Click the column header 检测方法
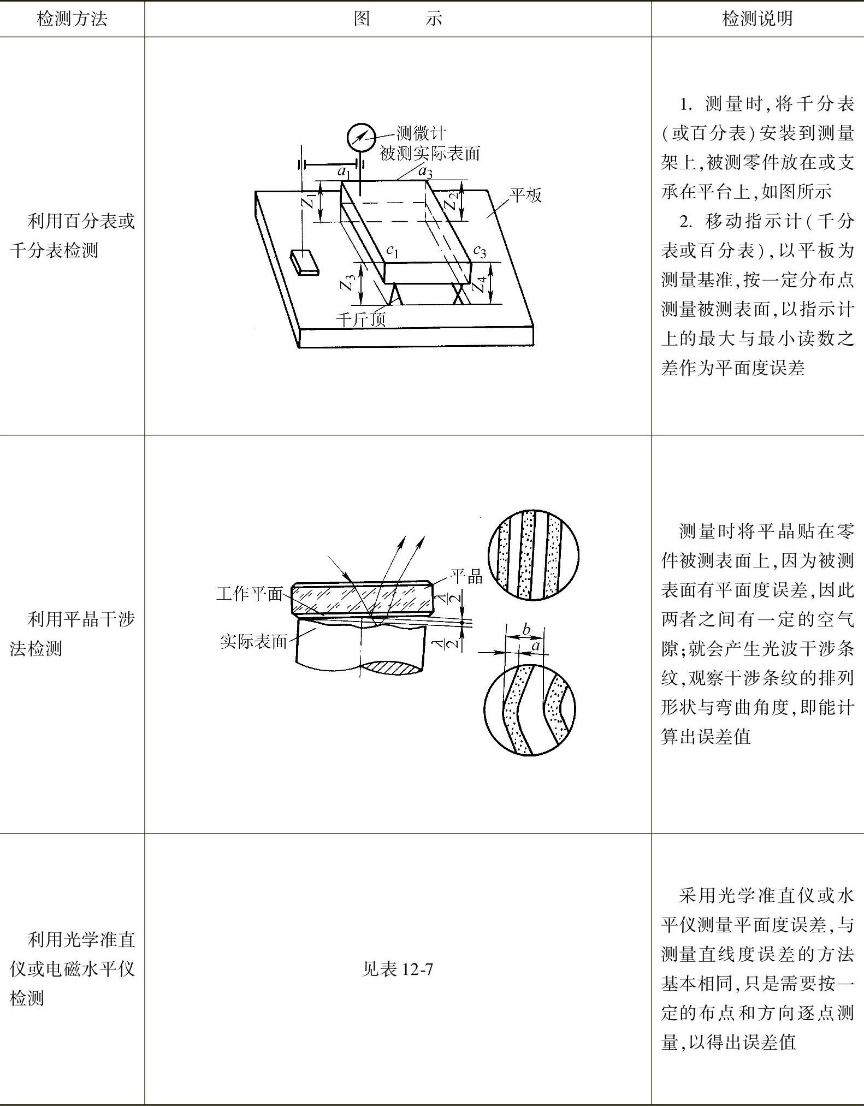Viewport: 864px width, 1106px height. click(72, 19)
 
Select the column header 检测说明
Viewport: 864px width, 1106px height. click(757, 19)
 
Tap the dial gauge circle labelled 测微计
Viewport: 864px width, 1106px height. click(362, 138)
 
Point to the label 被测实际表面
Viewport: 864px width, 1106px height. click(430, 153)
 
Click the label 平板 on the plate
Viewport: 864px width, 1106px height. click(525, 195)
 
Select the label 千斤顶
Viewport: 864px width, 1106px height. click(360, 319)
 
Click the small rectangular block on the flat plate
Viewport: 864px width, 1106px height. click(304, 261)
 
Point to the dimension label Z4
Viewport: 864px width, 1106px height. click(479, 283)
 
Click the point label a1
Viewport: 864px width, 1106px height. click(344, 172)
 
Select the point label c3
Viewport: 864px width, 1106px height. click(479, 251)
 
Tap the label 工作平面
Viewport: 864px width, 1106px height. click(250, 594)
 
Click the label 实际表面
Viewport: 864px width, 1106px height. click(253, 641)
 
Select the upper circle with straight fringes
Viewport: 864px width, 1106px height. click(533, 555)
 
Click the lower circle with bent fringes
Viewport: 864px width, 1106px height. click(529, 708)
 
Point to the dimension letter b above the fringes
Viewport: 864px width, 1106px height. click(525, 629)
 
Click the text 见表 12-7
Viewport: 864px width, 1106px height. click(398, 969)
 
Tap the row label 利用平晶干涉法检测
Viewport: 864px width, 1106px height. click(72, 634)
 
